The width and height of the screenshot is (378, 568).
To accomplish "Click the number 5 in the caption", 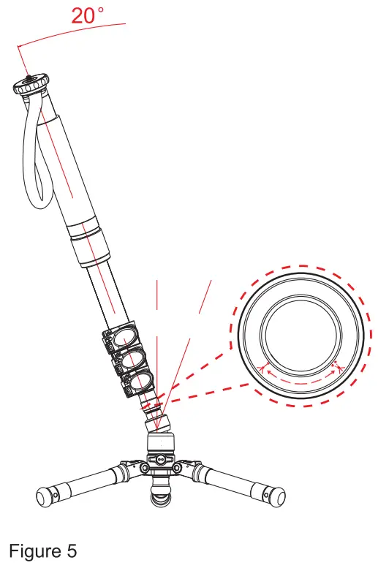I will pos(72,550).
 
